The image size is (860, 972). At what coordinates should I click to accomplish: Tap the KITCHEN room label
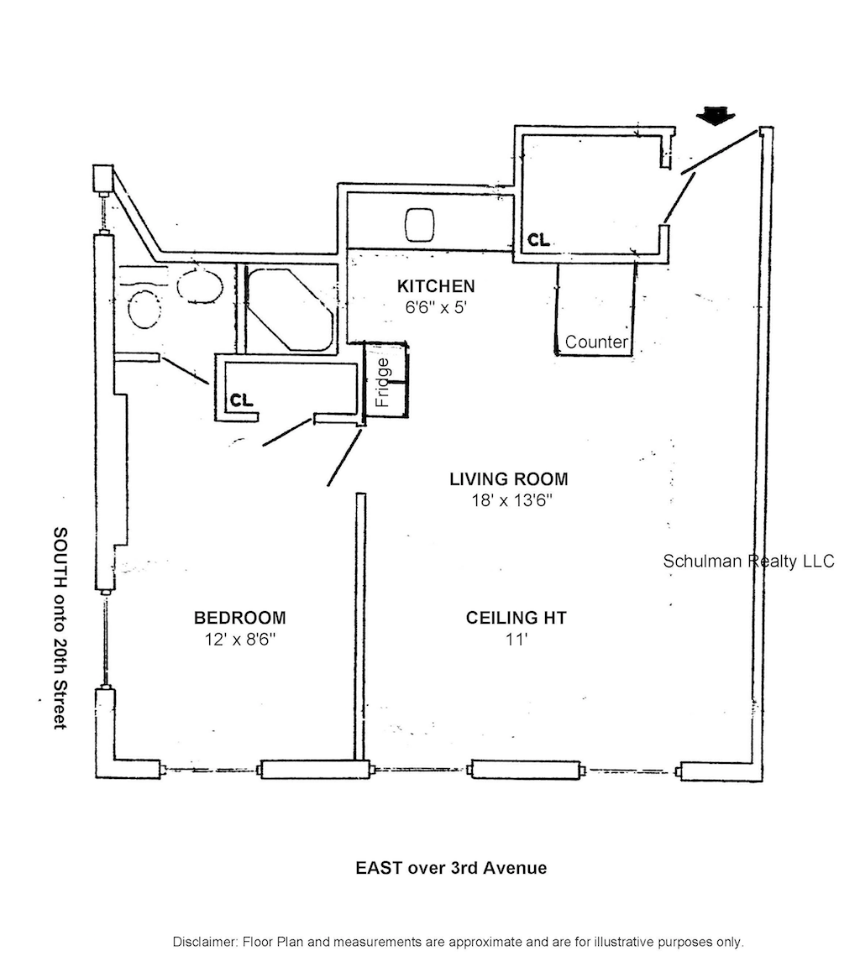click(x=436, y=286)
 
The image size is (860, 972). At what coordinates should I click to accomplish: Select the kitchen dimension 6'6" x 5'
click(x=435, y=307)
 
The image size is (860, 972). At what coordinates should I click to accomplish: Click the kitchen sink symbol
click(x=421, y=224)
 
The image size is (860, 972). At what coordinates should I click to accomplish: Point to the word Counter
click(x=596, y=342)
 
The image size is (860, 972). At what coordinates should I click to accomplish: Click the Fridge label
click(x=383, y=383)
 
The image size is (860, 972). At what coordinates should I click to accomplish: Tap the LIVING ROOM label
click(x=509, y=479)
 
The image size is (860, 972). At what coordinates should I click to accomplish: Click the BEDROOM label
click(x=239, y=618)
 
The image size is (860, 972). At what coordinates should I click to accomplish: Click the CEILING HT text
click(x=516, y=618)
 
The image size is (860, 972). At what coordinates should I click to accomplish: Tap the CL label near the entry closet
click(x=538, y=241)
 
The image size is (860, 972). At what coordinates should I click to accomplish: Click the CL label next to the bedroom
click(x=242, y=400)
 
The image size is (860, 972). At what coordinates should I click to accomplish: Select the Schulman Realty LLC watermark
click(x=748, y=561)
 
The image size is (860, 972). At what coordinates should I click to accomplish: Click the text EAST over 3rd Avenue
click(x=451, y=867)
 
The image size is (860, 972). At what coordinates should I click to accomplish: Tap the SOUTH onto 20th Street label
click(x=60, y=628)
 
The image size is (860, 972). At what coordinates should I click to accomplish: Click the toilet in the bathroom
click(x=144, y=309)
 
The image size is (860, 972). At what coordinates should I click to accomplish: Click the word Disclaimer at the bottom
click(x=204, y=941)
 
